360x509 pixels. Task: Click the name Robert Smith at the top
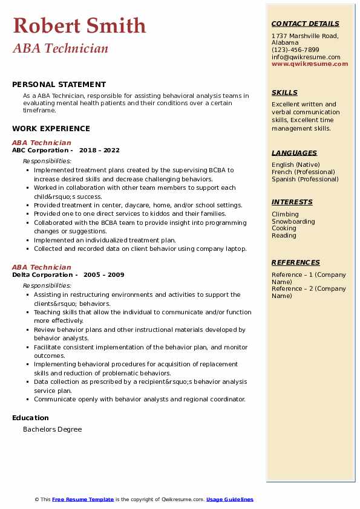pos(79,26)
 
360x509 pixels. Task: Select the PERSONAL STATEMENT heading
pos(59,85)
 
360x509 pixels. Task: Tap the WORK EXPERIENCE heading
pos(51,128)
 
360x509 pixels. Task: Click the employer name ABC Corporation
pos(41,151)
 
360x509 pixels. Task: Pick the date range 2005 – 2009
pos(104,275)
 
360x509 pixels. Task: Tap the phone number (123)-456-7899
pos(295,50)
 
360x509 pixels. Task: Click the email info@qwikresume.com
pos(306,57)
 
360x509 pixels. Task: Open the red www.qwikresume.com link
pos(310,63)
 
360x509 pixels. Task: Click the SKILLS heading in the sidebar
pos(284,93)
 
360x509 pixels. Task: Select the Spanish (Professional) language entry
pos(305,179)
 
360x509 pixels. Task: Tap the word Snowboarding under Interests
pos(293,221)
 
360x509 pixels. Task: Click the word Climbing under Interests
pos(285,214)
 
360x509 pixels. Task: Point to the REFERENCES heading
pos(296,263)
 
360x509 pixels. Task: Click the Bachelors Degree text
pos(52,429)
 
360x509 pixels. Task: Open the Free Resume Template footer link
pos(83,499)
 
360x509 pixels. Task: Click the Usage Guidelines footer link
pos(230,499)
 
